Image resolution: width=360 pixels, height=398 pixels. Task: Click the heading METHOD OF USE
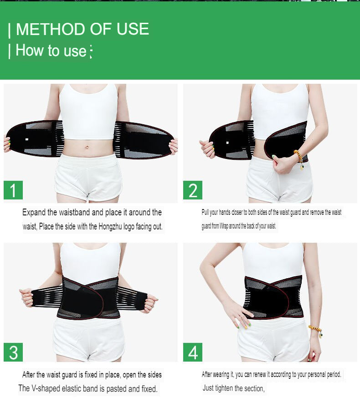(82, 30)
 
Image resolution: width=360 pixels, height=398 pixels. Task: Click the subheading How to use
(51, 51)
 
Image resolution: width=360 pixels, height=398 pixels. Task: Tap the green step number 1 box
(13, 190)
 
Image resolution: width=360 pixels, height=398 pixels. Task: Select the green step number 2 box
(193, 190)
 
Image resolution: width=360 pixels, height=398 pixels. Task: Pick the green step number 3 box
(13, 352)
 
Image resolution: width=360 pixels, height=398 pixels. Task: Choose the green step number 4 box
(193, 352)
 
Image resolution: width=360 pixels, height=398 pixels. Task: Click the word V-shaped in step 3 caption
(48, 388)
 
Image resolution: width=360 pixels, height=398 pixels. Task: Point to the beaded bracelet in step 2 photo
(299, 158)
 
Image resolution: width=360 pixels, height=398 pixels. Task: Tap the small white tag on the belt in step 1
(27, 139)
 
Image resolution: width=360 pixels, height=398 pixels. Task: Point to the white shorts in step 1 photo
(88, 178)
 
